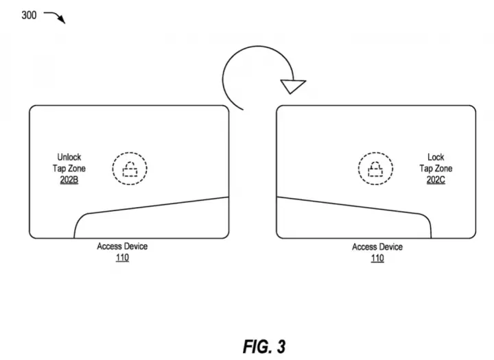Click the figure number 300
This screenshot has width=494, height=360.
[29, 15]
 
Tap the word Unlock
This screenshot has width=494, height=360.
[69, 157]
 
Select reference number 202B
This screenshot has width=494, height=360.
[69, 180]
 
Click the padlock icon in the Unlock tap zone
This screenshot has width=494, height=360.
[130, 169]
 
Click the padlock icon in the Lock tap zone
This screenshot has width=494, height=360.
[375, 169]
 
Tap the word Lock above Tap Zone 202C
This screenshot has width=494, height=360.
[436, 157]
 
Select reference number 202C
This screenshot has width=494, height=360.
[436, 180]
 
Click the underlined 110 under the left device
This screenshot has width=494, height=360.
[122, 258]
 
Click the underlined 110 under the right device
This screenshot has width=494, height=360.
[377, 259]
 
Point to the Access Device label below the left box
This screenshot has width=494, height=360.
[122, 246]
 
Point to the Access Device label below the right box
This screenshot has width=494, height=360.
[377, 247]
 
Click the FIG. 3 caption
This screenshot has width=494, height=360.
[264, 347]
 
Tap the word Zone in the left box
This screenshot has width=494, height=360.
[77, 169]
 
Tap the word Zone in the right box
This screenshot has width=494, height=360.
[444, 169]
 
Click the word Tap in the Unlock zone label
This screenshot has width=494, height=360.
[60, 169]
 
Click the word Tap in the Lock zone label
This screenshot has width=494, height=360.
[426, 169]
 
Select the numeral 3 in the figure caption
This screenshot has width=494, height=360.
[281, 347]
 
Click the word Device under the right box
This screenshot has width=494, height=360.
[390, 247]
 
